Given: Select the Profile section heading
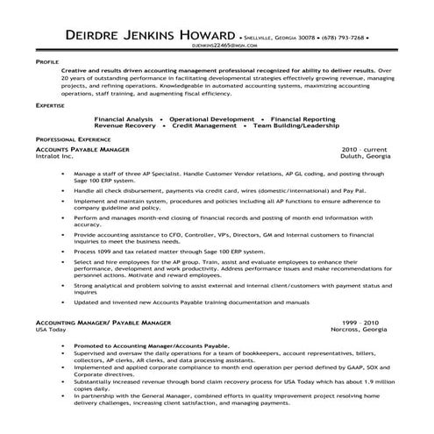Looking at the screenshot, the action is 47,64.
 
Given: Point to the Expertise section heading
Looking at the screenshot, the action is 50,103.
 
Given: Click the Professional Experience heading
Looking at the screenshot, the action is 75,139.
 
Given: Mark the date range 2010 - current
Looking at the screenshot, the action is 366,150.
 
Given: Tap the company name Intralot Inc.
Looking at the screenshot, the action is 55,157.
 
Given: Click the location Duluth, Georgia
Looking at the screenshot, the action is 366,157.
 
